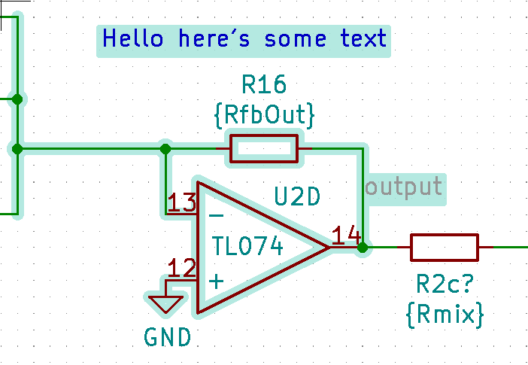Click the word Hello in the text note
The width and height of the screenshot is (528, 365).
pos(132,38)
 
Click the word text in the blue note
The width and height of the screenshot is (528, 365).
pos(363,38)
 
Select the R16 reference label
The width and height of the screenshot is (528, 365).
pos(264,84)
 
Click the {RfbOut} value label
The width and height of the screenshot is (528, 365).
pos(264,115)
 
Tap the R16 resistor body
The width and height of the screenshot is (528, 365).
pos(264,148)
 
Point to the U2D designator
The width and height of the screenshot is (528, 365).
pos(297,197)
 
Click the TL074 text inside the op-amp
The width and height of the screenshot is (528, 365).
pos(248,246)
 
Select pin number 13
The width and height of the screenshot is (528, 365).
pos(182,202)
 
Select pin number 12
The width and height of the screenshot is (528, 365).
pos(182,268)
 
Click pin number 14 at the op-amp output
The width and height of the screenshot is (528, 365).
pos(347,236)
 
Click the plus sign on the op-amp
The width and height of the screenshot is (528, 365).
pos(216,282)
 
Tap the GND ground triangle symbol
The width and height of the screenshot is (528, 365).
pos(165,303)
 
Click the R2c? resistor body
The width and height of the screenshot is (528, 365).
pos(444,247)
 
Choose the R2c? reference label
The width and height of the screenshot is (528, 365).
pos(444,284)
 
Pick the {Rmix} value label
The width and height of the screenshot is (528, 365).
pos(444,315)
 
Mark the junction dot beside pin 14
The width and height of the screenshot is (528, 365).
pos(363,247)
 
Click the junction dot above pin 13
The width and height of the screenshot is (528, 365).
pos(165,148)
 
